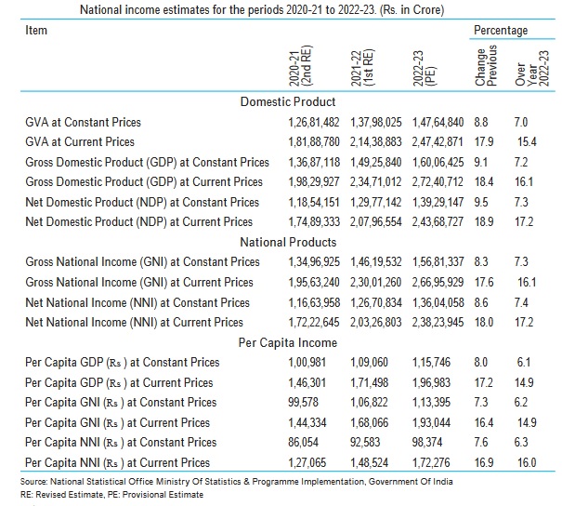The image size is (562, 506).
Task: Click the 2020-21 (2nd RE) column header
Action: pos(301,66)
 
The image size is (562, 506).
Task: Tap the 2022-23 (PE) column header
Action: pos(424,68)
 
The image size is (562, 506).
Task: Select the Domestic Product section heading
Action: pos(288,102)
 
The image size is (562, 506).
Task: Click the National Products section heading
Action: pos(288,242)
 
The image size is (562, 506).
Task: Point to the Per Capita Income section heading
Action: pos(288,342)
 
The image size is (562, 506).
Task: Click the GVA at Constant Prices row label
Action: pos(84,122)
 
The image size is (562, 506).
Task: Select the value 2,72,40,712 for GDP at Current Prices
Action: pos(438,182)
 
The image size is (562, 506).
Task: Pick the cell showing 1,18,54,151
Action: pos(314,202)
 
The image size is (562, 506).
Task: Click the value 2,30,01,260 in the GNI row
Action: pos(375,283)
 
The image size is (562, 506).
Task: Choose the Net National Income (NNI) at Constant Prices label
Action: pos(137,302)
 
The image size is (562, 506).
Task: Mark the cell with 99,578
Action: pos(303,402)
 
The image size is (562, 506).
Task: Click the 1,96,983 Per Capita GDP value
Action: pos(431,382)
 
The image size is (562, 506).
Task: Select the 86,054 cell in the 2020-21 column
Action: pos(303,442)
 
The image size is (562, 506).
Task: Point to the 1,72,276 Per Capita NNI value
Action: pos(431,462)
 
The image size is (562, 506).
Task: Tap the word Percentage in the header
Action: pos(501,30)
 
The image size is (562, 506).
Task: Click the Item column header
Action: pos(36,30)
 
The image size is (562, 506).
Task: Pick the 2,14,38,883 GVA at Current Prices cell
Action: pos(375,141)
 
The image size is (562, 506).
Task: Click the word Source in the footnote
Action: pos(33,482)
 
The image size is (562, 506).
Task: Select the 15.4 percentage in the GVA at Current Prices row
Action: pos(527,141)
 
